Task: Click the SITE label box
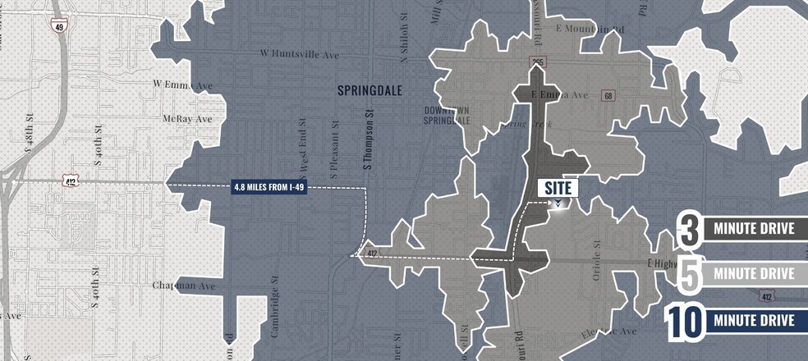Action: pyautogui.click(x=558, y=187)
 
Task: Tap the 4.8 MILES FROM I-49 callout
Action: pyautogui.click(x=270, y=187)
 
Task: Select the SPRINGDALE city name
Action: pyautogui.click(x=370, y=91)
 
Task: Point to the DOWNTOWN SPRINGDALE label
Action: pyautogui.click(x=448, y=115)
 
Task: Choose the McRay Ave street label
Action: pyautogui.click(x=188, y=118)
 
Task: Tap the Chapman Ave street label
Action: pyautogui.click(x=183, y=286)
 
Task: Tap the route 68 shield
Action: pyautogui.click(x=608, y=96)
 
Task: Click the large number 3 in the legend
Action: pyautogui.click(x=690, y=229)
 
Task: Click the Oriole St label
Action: pyautogui.click(x=597, y=261)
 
